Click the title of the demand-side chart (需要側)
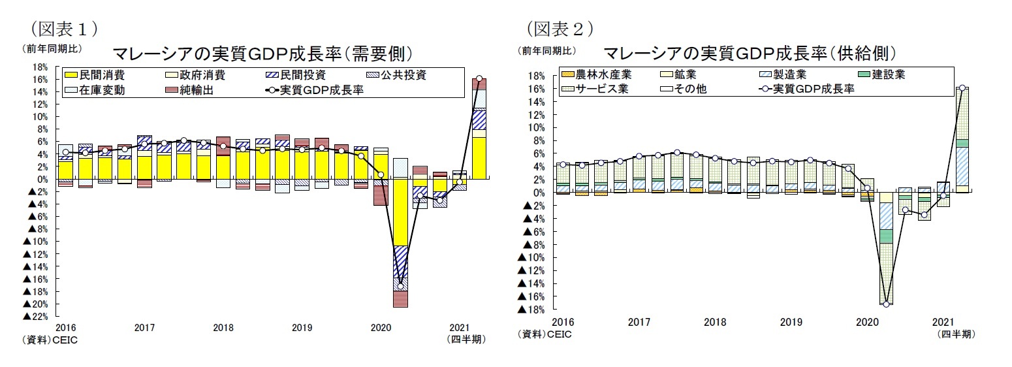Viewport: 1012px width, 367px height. click(264, 52)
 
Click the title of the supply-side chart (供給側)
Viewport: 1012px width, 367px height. click(749, 52)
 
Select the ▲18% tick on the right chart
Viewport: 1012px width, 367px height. click(531, 310)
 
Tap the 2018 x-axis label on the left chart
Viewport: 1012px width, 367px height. click(223, 327)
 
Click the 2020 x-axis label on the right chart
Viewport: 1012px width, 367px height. click(867, 322)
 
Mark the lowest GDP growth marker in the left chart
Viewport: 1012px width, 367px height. click(400, 286)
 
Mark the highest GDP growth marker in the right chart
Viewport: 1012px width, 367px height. click(962, 88)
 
